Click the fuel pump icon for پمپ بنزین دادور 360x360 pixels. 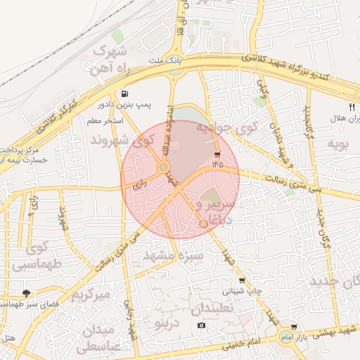point(124,94)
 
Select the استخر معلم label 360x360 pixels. point(105,122)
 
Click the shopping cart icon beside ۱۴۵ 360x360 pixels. point(217,154)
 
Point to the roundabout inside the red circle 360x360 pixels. point(163,167)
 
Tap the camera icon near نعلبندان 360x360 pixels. point(202,325)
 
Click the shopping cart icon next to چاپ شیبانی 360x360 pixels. point(242,281)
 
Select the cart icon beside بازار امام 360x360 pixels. point(293,327)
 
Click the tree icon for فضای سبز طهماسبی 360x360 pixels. point(27,292)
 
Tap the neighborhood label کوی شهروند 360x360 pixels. point(122,141)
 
